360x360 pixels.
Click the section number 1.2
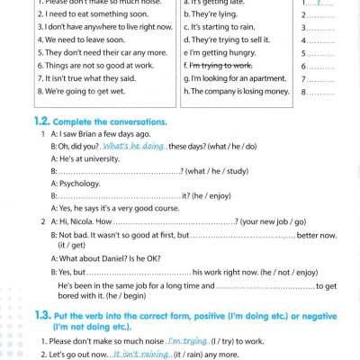pyautogui.click(x=41, y=121)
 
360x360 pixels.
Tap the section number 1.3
pyautogui.click(x=41, y=316)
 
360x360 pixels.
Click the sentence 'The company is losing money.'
pyautogui.click(x=236, y=91)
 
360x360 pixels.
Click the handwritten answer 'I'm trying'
pyautogui.click(x=187, y=341)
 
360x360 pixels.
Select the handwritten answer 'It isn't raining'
pyautogui.click(x=141, y=355)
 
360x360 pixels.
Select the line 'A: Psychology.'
pyautogui.click(x=75, y=183)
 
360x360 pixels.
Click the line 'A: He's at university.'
pyautogui.click(x=85, y=158)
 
